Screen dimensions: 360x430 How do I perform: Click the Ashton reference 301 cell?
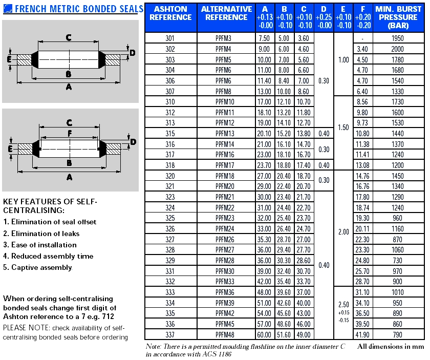click(170, 38)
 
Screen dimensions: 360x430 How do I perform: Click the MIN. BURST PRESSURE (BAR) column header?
click(398, 17)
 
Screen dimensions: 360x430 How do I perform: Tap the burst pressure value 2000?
click(397, 49)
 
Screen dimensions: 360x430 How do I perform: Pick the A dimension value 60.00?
click(264, 335)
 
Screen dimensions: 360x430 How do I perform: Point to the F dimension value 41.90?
click(362, 335)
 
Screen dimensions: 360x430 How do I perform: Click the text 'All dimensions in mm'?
click(391, 347)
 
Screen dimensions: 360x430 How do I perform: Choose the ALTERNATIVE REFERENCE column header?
click(226, 13)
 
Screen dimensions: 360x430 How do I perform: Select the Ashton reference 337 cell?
click(170, 335)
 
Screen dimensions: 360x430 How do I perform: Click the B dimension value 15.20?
click(284, 134)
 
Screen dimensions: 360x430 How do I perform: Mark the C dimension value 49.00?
click(304, 335)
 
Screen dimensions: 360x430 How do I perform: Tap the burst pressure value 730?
click(397, 261)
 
